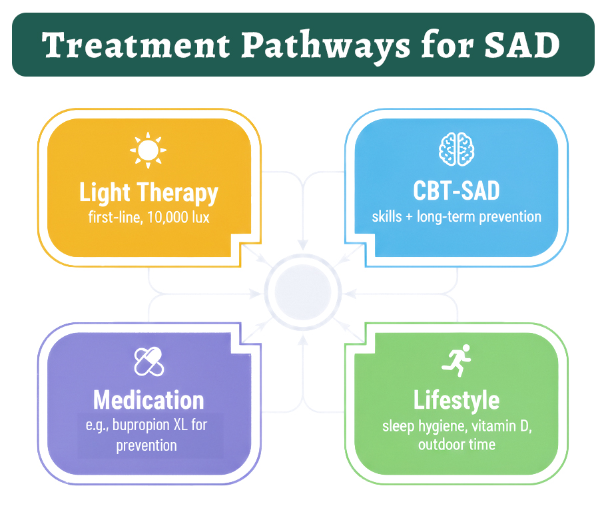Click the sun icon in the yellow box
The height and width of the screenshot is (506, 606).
click(x=149, y=150)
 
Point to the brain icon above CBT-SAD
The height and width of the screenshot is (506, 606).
click(x=456, y=149)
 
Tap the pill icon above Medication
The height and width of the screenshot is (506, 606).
click(x=149, y=362)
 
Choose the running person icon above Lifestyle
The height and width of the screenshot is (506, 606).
click(x=457, y=361)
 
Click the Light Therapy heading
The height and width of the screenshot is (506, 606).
click(x=149, y=192)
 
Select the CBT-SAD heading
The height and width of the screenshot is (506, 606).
click(x=456, y=191)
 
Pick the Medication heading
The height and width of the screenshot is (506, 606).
click(x=149, y=400)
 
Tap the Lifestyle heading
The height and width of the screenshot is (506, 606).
click(x=456, y=400)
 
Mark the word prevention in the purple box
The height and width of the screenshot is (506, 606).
click(x=147, y=445)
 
